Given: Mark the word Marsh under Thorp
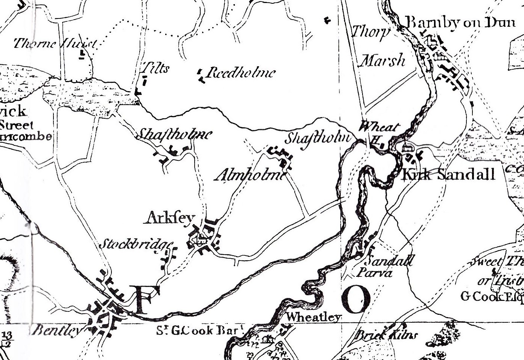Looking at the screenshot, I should (382, 60).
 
